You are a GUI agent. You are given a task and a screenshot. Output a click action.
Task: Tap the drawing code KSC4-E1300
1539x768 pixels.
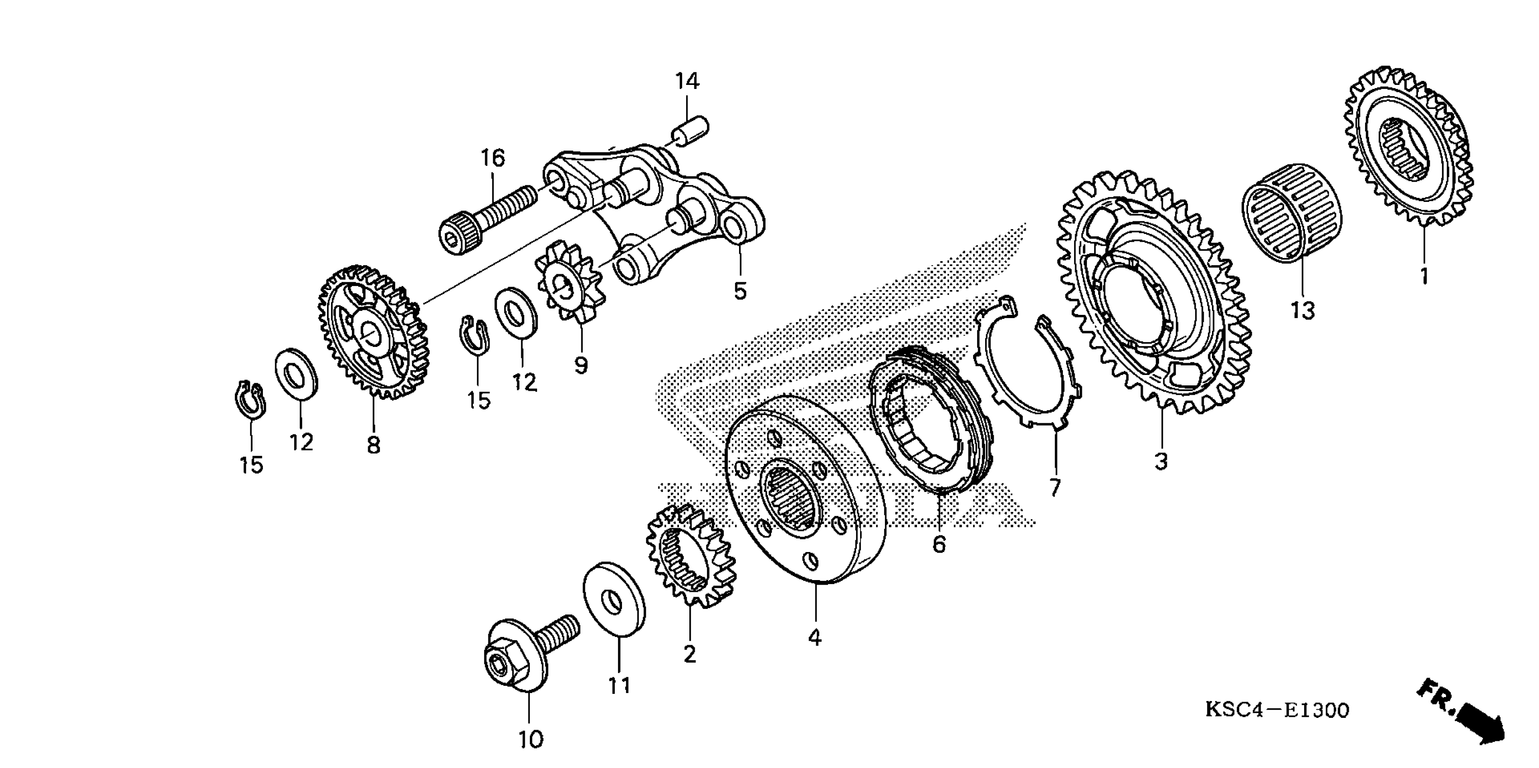(x=1277, y=710)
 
